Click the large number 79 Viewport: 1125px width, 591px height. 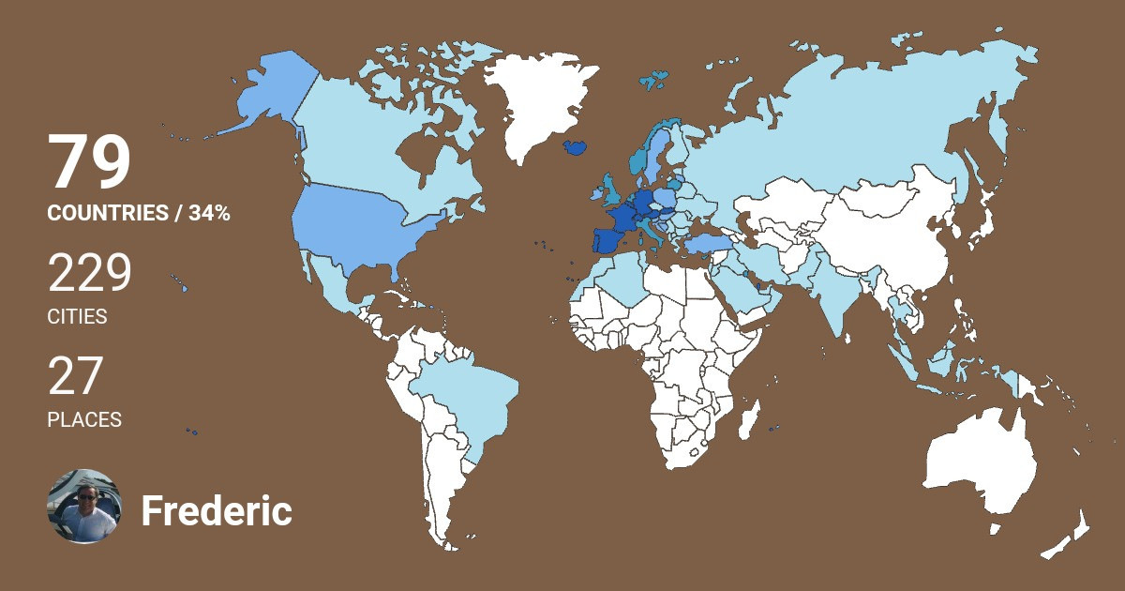[89, 163]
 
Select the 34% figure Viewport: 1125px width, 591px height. [209, 213]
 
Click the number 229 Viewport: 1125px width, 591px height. [90, 274]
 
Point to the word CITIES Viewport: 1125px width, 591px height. [77, 317]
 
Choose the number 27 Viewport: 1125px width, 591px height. [74, 377]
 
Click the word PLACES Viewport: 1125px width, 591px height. [84, 420]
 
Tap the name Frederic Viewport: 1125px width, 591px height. [217, 512]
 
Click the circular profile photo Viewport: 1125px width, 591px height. [84, 507]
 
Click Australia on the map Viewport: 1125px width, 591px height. [980, 464]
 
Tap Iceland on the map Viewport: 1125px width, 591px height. [576, 147]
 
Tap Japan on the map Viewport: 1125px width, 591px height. [982, 225]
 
